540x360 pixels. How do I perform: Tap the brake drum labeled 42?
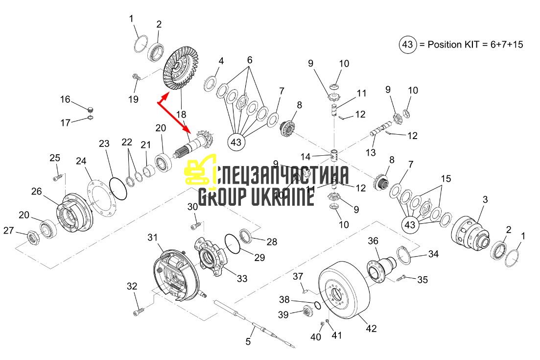pyautogui.click(x=344, y=290)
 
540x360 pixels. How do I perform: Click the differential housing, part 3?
pyautogui.click(x=470, y=233)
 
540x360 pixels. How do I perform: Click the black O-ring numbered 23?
pyautogui.click(x=118, y=188)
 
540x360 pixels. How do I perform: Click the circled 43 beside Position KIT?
pyautogui.click(x=408, y=45)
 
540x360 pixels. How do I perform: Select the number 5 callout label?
pyautogui.click(x=248, y=341)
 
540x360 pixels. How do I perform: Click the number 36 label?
pyautogui.click(x=373, y=241)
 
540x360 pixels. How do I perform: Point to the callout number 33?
pyautogui.click(x=242, y=278)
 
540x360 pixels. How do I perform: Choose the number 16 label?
pyautogui.click(x=65, y=99)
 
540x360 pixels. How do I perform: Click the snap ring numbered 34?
pyautogui.click(x=402, y=255)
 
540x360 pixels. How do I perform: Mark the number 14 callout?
pyautogui.click(x=305, y=157)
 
